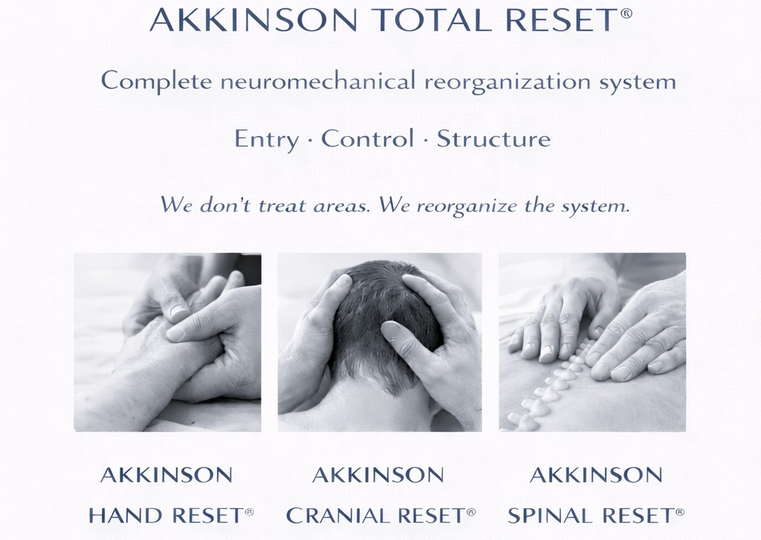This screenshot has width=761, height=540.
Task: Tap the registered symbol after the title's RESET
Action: point(626,13)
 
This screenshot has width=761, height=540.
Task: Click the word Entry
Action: point(266,139)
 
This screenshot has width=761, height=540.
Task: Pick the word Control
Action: point(367,138)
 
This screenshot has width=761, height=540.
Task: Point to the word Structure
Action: point(493,138)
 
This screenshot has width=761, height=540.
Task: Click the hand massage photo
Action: point(167,342)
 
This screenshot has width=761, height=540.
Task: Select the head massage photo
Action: point(380,342)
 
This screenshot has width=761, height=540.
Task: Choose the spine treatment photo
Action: point(592,342)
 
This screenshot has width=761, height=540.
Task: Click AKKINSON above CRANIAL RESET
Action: point(378,475)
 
